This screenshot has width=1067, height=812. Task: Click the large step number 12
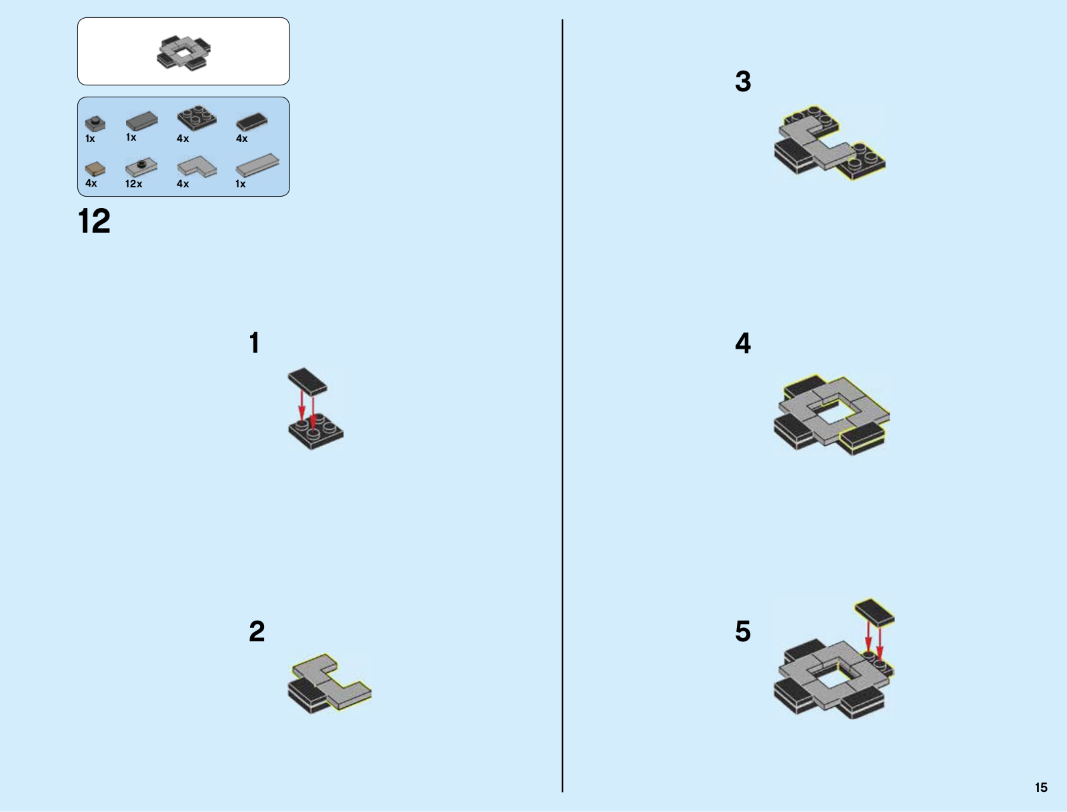pos(94,221)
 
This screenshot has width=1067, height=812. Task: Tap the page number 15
pos(1041,787)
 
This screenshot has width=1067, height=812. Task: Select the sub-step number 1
pos(254,343)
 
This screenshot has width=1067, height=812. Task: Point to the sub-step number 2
pos(257,631)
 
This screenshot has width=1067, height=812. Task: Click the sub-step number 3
pos(743,82)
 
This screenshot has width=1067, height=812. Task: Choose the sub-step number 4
pos(743,343)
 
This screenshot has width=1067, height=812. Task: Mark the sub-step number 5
pos(743,631)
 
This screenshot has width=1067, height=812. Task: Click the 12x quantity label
pos(133,184)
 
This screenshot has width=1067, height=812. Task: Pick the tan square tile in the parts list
pos(95,168)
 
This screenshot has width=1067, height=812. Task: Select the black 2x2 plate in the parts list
pos(197,119)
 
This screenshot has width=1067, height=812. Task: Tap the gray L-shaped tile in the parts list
pos(197,167)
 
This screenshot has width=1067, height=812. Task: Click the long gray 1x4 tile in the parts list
pos(257,165)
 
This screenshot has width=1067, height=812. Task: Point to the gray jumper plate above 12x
pos(141,166)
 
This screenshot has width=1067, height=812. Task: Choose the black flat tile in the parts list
pos(252,122)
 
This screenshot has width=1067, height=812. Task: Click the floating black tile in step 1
pos(307,380)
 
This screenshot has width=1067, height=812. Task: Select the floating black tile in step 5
pos(874,612)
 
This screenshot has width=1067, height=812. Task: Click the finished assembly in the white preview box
pos(184,53)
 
